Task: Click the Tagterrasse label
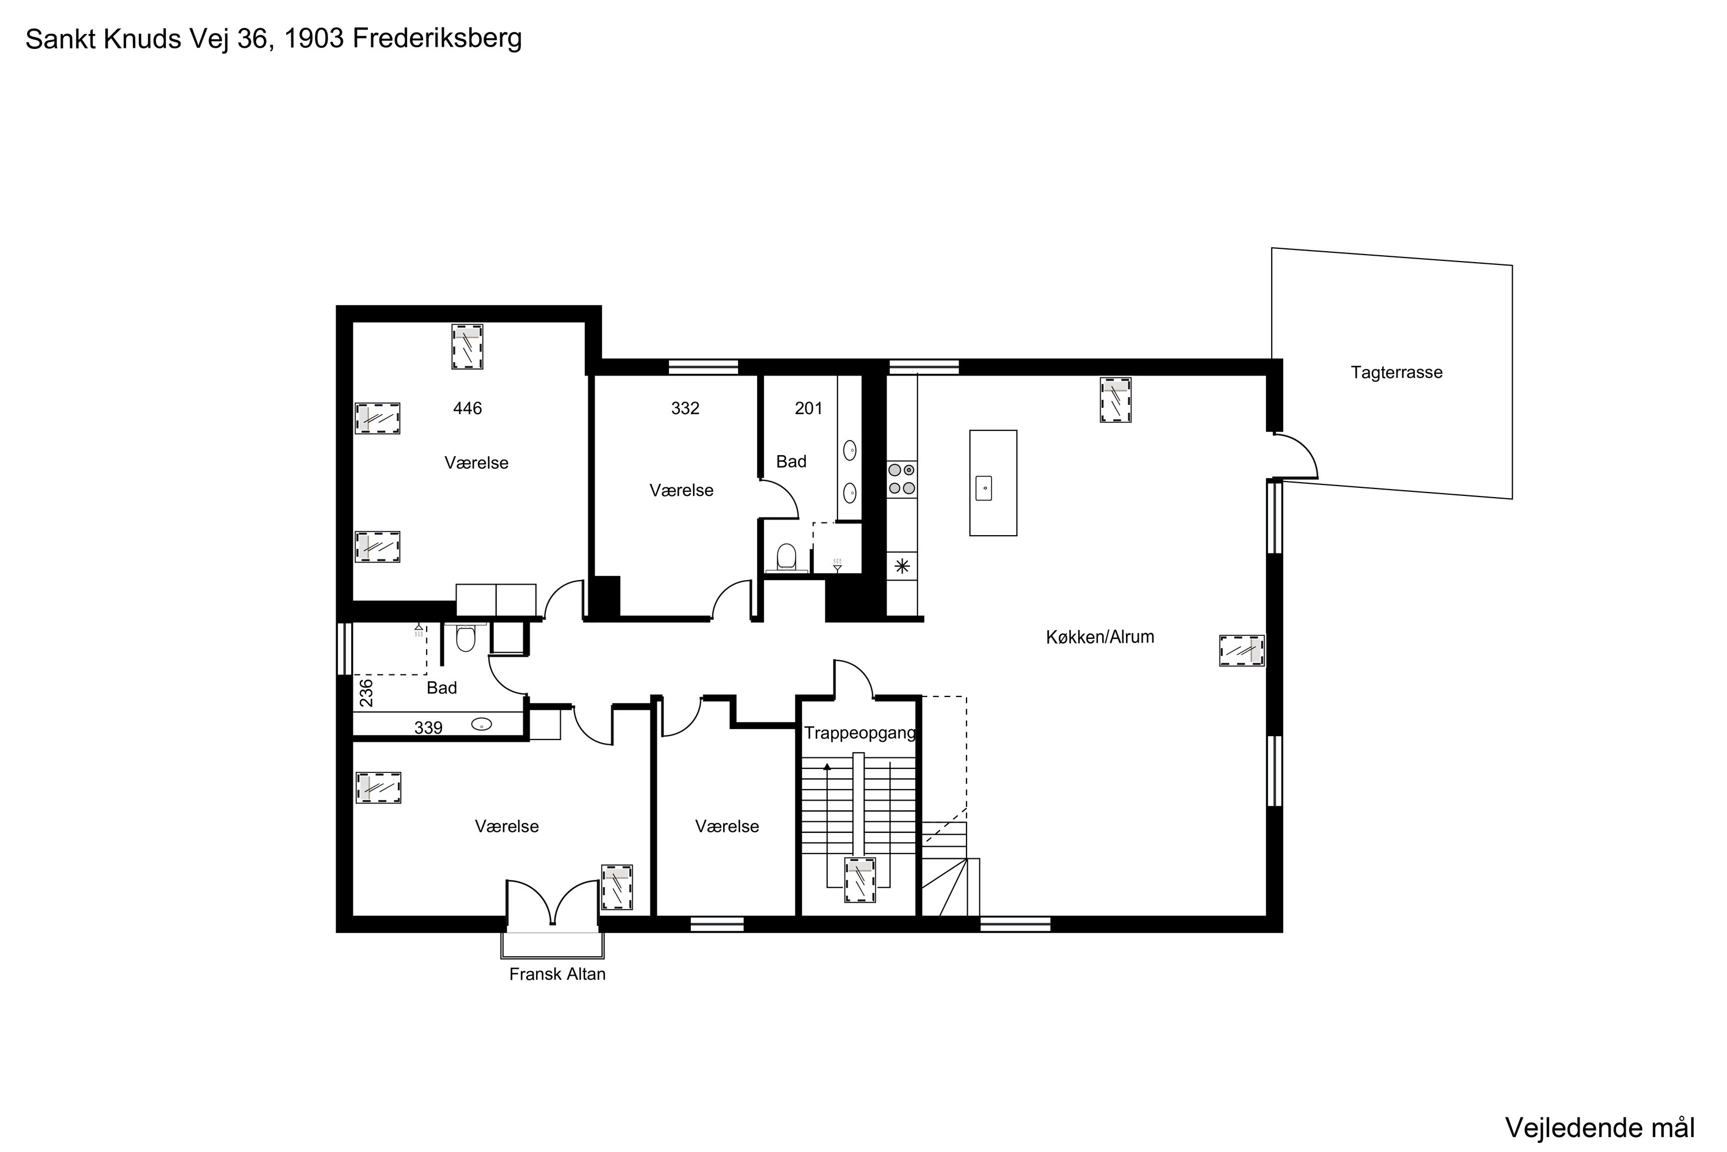[x=1396, y=373]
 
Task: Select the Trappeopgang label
[x=860, y=733]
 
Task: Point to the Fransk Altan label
[x=557, y=974]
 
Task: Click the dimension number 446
[x=467, y=408]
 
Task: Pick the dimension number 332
[x=685, y=408]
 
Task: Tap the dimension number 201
[x=808, y=408]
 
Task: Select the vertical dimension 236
[x=366, y=693]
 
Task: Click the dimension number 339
[x=428, y=728]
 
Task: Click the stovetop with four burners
[x=901, y=479]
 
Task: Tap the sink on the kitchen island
[x=984, y=488]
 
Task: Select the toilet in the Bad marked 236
[x=466, y=638]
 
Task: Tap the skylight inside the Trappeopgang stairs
[x=860, y=880]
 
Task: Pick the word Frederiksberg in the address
[x=437, y=38]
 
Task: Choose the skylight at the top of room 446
[x=467, y=347]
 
